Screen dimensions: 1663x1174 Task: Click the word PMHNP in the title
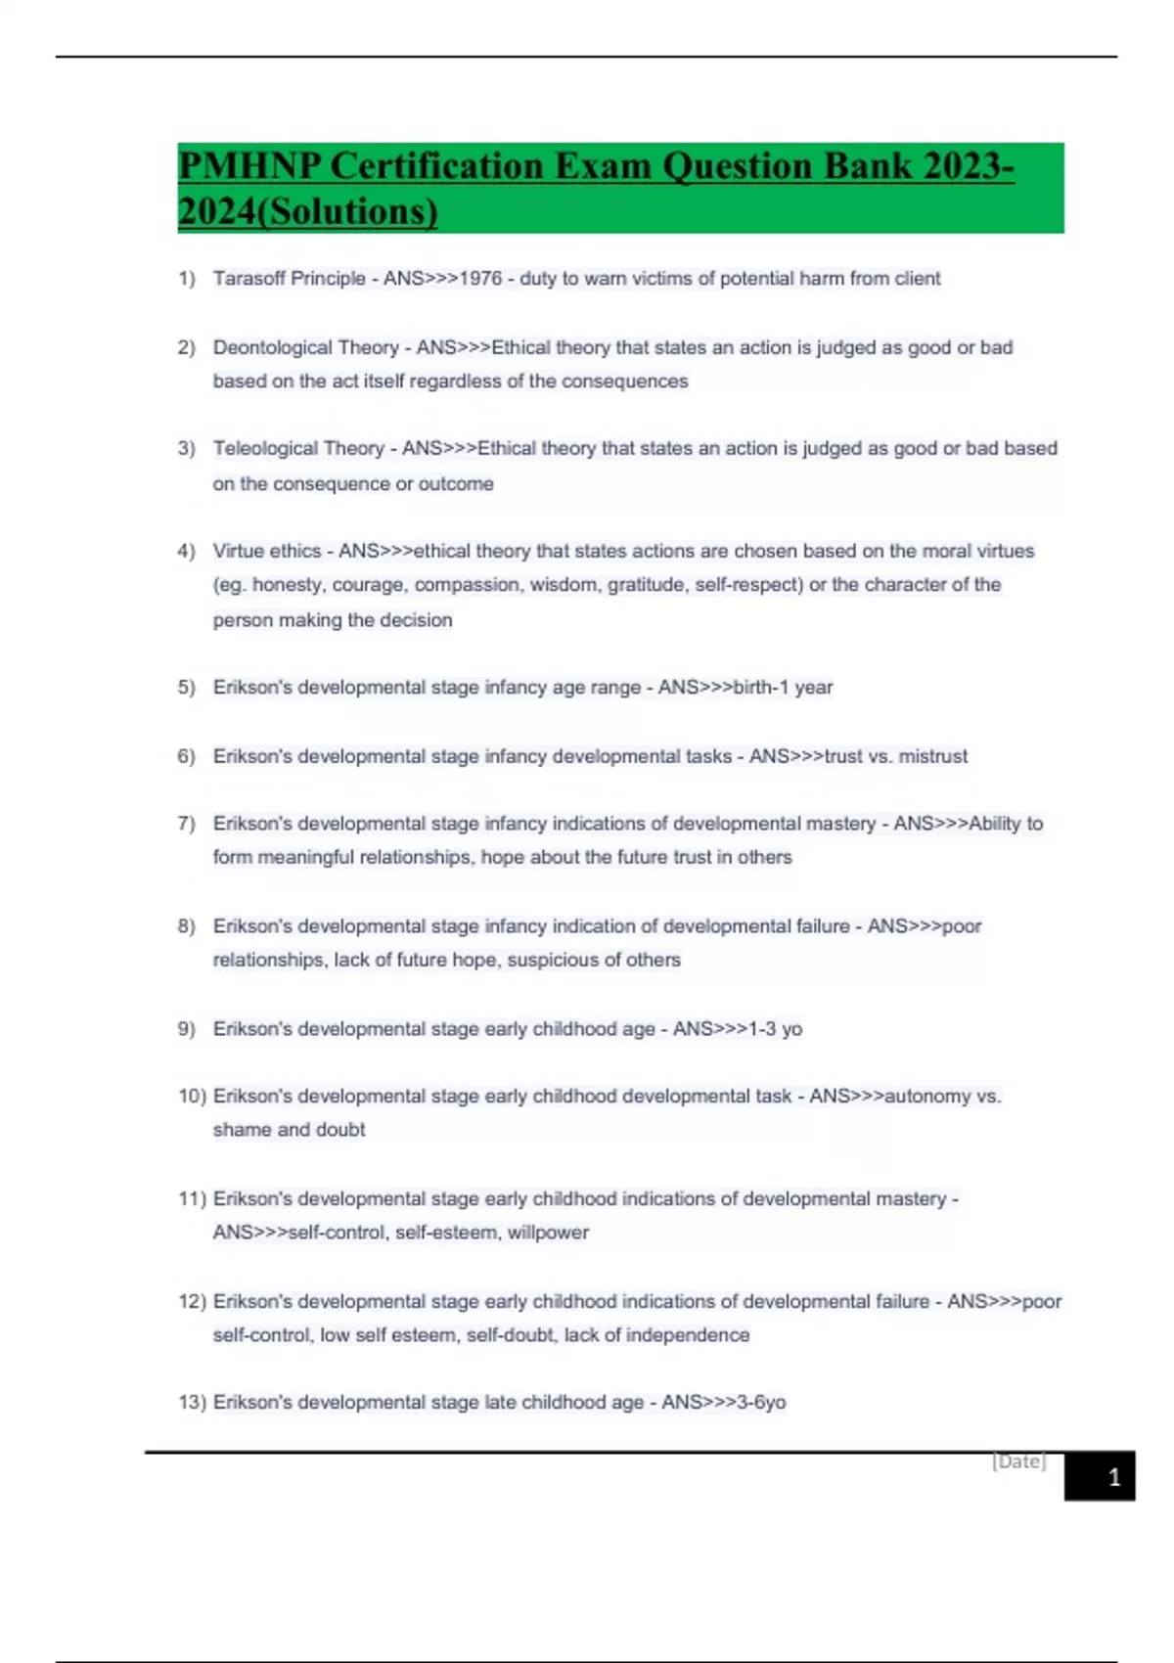coord(249,166)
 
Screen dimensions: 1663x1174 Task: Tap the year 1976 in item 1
coord(480,279)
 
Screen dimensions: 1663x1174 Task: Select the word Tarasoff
coord(248,279)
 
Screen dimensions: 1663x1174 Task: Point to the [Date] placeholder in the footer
coord(1018,1461)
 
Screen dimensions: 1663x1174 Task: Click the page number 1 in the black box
coord(1113,1477)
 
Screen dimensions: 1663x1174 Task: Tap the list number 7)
coord(186,824)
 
